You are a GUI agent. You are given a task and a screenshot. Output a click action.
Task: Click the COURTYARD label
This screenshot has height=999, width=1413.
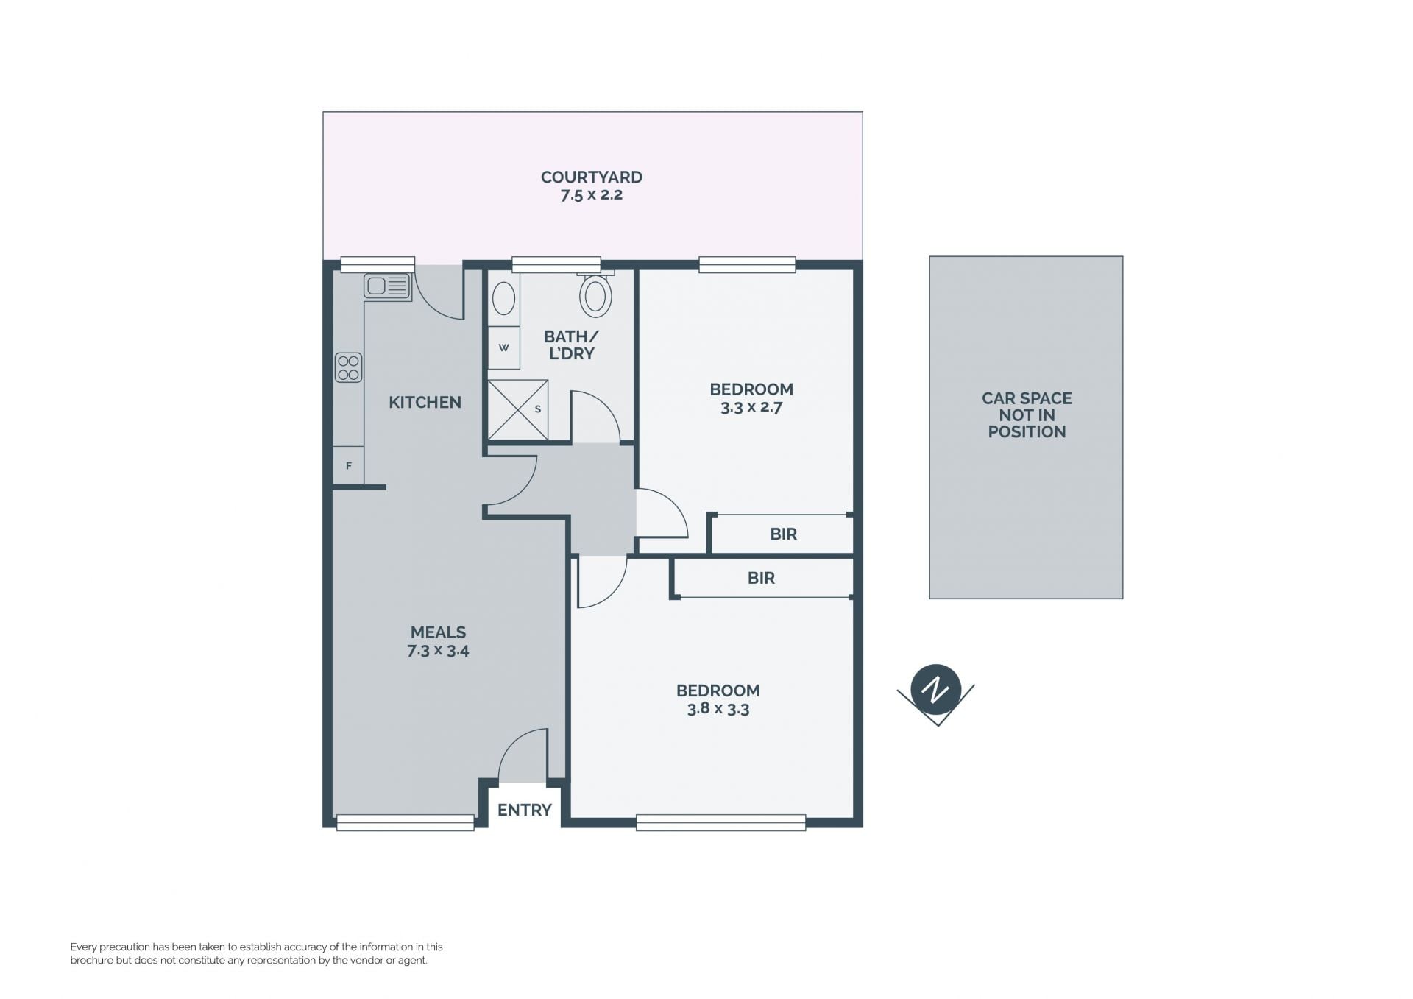point(592,177)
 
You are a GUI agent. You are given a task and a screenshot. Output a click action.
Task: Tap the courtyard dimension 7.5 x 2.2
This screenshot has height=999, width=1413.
point(592,195)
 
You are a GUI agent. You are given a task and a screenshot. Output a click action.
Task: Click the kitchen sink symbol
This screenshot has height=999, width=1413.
point(387,286)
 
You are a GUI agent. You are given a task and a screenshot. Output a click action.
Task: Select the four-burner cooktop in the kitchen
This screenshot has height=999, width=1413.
point(348,367)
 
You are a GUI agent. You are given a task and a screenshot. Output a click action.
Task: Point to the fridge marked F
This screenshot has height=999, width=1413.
point(348,465)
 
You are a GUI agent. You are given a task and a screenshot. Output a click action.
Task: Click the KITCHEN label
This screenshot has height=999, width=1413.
point(425,403)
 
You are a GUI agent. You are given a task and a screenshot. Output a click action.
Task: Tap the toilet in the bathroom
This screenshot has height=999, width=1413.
point(595,294)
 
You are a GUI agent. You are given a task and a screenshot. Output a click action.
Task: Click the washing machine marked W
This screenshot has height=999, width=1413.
point(503,347)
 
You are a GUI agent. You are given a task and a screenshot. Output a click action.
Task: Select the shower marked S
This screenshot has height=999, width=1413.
point(518,409)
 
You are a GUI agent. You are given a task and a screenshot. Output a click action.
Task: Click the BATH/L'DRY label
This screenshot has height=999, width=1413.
point(571,345)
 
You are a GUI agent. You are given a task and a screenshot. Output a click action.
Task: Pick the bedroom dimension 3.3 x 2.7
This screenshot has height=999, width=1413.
point(751,407)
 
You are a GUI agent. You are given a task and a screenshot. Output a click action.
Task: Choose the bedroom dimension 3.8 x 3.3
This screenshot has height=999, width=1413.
point(718,709)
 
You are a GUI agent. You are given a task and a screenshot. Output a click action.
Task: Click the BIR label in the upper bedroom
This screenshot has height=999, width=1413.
point(784,534)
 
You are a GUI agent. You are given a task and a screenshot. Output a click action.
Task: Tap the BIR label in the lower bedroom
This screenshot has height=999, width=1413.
point(761,579)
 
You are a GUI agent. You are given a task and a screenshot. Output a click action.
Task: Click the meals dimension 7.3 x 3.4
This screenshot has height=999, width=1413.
point(438,651)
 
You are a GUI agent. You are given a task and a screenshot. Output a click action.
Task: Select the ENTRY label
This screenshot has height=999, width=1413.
point(524,811)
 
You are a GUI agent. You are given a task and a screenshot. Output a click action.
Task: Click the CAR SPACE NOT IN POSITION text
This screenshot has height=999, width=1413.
point(1027,415)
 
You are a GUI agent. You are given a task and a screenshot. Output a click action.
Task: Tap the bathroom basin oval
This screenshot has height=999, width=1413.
point(503,299)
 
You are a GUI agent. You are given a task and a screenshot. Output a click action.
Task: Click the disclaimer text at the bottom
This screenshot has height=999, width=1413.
point(257,954)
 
